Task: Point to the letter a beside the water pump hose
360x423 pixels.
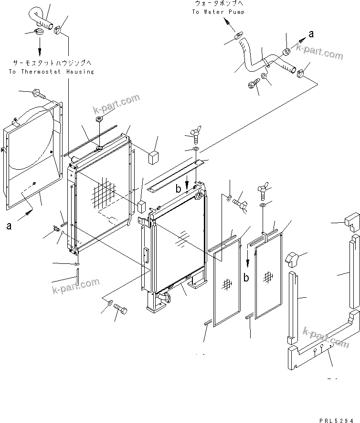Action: tap(311, 33)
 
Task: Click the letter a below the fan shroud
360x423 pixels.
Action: tap(9, 226)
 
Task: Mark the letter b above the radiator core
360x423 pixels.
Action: tap(178, 189)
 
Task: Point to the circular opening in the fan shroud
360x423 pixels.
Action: tap(33, 139)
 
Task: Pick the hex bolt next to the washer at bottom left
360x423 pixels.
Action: tap(120, 311)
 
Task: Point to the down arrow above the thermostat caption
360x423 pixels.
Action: tap(40, 46)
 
